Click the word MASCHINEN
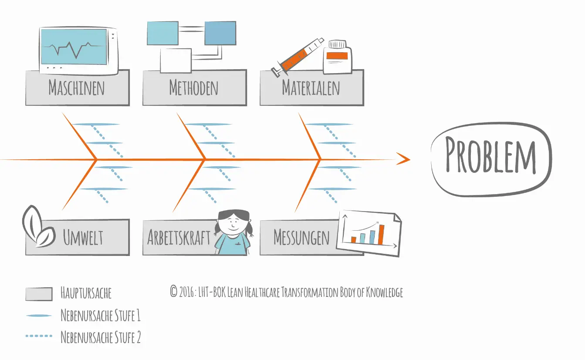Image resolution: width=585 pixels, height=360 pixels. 77,87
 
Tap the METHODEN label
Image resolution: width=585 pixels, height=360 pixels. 193,87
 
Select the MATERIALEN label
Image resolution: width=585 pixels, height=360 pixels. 311,87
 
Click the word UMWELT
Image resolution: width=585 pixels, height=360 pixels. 83,237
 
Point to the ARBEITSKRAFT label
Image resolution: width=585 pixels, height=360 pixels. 179,237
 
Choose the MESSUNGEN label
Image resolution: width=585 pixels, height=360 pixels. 301,237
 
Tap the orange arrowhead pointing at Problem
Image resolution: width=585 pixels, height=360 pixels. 403,159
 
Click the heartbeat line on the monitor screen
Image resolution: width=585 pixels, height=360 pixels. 74,49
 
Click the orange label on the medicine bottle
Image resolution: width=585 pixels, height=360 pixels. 337,56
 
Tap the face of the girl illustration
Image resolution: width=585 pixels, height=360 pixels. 233,225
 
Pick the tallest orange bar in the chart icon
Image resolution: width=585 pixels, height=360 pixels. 381,235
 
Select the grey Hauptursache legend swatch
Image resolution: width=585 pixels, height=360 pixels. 39,294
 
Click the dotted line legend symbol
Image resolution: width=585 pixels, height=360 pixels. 39,336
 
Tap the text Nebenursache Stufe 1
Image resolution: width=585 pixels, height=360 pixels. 101,315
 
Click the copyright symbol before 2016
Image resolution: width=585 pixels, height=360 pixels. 173,291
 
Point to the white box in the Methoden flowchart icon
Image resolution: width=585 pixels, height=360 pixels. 176,61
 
